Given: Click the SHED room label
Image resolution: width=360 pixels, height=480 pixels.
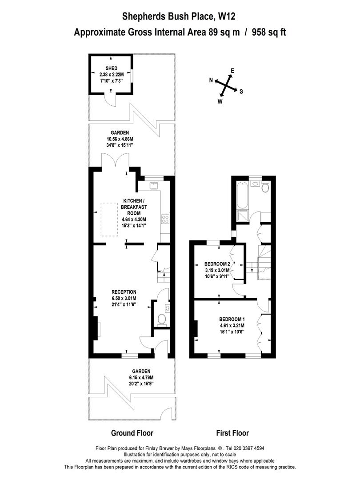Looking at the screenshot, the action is click(112, 68).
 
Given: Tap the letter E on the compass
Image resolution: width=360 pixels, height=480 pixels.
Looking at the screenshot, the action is click(232, 71).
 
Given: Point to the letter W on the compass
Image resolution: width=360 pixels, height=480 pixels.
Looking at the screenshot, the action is click(220, 102).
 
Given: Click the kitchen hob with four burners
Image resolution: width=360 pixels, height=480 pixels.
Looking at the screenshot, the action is click(165, 219).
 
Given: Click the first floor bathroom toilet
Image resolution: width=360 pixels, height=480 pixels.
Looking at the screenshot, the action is click(266, 187).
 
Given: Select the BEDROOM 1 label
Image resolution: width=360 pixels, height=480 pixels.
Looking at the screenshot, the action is click(232, 319).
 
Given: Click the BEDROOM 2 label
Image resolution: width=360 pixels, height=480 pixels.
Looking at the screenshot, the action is click(217, 264).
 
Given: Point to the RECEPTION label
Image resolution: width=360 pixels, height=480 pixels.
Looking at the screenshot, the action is click(124, 292).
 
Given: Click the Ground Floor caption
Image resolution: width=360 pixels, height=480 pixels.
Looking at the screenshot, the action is click(132, 433).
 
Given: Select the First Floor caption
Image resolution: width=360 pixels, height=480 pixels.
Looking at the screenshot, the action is click(232, 433).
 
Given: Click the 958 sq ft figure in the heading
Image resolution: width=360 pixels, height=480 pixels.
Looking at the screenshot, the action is click(269, 32).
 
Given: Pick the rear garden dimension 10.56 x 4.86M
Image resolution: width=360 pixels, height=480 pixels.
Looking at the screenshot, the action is click(120, 139).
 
